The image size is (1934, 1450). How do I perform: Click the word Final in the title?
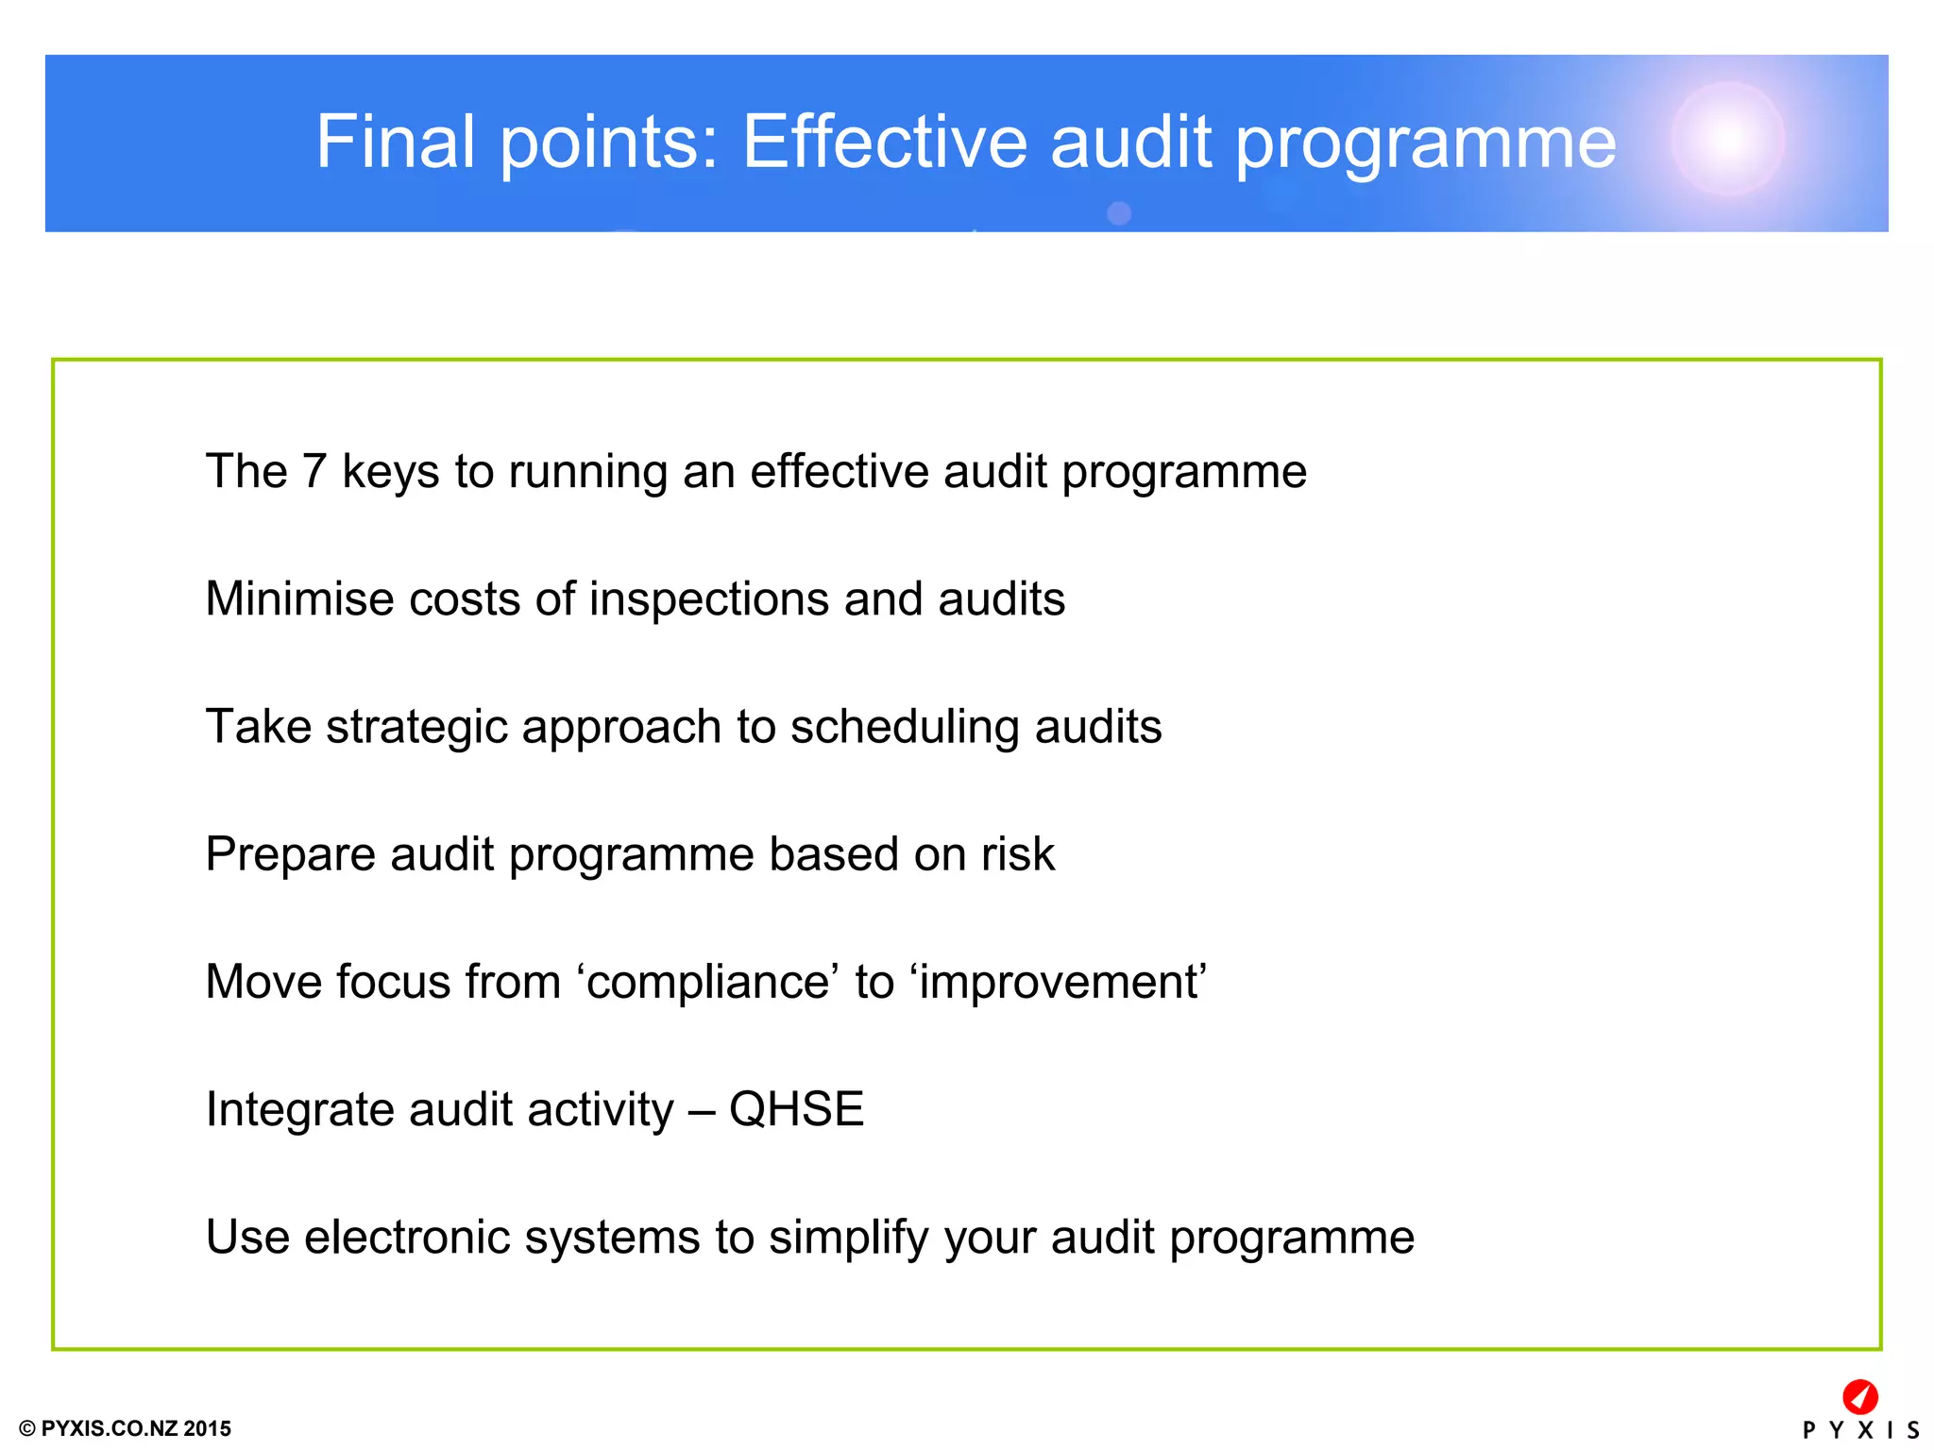pos(396,143)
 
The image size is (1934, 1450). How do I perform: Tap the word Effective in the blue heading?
pos(884,143)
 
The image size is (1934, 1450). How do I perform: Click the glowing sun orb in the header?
pos(1727,139)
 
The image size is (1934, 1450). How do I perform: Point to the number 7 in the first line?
pos(314,471)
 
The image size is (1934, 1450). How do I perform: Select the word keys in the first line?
pos(390,471)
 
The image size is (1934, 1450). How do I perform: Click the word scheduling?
pos(904,728)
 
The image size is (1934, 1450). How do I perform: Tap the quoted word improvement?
pos(1060,983)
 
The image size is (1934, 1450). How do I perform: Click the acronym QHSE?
pos(796,1109)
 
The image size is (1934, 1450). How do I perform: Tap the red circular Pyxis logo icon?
pos(1859,1396)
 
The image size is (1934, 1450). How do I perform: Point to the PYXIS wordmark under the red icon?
pos(1859,1430)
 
